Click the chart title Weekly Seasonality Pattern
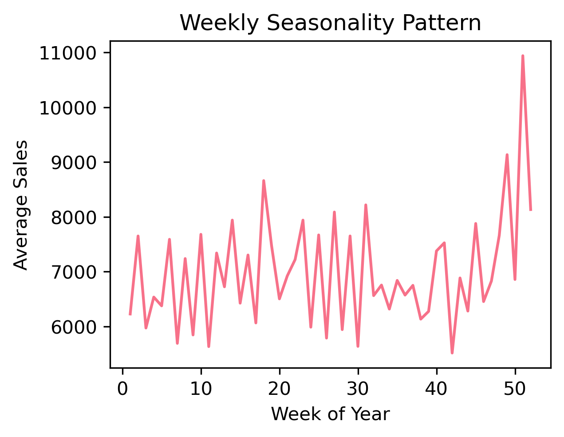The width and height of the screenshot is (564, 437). [330, 23]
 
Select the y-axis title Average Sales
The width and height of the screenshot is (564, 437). [21, 205]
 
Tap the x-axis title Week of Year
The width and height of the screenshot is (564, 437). [330, 414]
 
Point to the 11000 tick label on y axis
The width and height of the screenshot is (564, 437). [68, 53]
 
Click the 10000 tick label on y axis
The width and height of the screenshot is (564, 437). [68, 108]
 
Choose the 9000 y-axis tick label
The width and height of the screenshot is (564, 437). [74, 163]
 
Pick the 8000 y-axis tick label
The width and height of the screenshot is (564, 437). [74, 217]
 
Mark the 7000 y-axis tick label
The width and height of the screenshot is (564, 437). [74, 272]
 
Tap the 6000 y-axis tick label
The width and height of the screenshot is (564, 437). [74, 327]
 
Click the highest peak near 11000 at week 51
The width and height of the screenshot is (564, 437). [523, 56]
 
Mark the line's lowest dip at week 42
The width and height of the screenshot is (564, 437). [452, 353]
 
